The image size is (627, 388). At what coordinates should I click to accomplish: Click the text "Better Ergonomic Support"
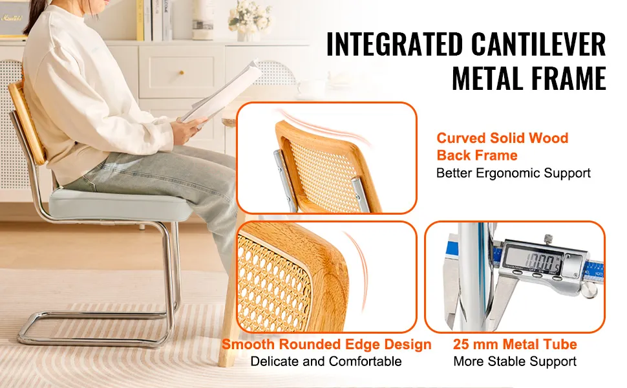(x=513, y=173)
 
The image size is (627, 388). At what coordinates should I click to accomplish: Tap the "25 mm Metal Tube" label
(x=515, y=344)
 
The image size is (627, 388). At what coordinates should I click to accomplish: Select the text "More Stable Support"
(x=515, y=361)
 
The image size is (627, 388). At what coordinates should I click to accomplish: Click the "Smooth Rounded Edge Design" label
(x=326, y=344)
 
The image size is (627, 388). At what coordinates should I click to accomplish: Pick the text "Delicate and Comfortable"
(x=326, y=361)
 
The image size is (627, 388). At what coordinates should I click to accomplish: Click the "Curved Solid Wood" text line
(x=502, y=138)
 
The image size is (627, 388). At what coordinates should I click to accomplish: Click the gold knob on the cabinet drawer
(x=182, y=73)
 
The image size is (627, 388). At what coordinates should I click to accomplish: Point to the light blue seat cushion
(x=120, y=204)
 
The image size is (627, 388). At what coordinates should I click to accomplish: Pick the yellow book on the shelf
(x=140, y=20)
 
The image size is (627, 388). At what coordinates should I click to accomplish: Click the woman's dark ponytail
(x=31, y=22)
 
